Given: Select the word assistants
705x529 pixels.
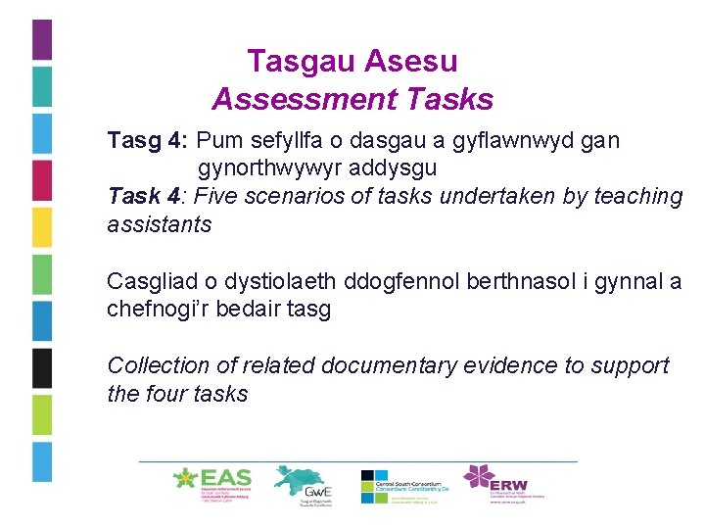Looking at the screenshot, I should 159,224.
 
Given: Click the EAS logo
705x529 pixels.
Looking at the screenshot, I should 212,482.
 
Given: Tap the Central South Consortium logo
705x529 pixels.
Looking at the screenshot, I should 404,485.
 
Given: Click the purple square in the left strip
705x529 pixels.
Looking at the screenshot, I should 42,39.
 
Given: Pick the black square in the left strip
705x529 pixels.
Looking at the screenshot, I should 42,368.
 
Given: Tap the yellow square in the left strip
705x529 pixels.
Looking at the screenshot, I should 42,227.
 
